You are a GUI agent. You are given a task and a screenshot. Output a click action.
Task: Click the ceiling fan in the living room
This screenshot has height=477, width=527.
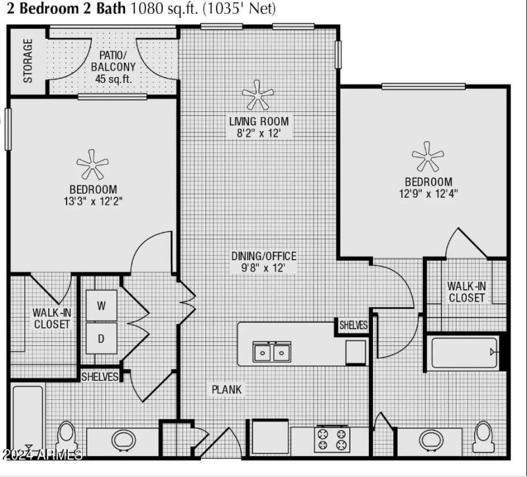(x=257, y=96)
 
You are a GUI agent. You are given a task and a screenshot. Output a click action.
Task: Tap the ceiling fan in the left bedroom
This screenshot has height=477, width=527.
(x=92, y=165)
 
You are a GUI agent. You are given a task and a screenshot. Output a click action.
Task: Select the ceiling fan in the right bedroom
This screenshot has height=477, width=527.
(x=428, y=156)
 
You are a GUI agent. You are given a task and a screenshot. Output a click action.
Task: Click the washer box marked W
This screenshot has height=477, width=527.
(x=101, y=306)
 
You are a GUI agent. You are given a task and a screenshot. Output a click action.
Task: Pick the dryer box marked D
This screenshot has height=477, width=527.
(x=101, y=339)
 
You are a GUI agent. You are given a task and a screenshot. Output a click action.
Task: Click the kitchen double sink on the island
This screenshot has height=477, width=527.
(x=273, y=353)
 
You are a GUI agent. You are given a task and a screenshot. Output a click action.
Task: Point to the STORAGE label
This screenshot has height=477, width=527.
(x=28, y=61)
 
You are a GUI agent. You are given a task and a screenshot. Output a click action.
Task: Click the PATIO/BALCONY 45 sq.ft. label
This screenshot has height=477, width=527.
(x=113, y=67)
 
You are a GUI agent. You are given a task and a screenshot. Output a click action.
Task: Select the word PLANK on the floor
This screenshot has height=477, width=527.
(x=227, y=389)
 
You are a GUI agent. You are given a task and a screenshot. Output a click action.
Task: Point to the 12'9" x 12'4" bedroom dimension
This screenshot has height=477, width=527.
(x=428, y=194)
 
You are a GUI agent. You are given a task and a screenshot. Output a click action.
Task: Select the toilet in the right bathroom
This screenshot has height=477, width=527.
(x=484, y=436)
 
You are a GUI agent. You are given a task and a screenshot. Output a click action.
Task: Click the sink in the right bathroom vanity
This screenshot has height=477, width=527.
(x=431, y=439)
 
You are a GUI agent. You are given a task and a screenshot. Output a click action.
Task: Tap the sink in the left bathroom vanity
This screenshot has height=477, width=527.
(x=123, y=439)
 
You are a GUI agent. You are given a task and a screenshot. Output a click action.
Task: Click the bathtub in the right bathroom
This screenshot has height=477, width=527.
(x=462, y=352)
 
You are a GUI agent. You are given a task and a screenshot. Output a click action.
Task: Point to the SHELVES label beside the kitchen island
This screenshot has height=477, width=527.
(x=354, y=325)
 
